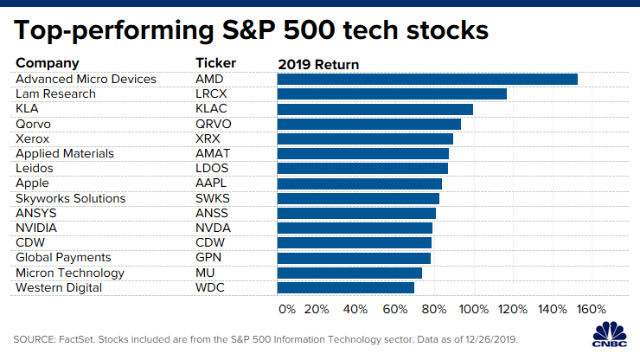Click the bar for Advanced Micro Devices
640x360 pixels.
(427, 79)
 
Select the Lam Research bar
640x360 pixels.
(392, 93)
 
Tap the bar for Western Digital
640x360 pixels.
(346, 287)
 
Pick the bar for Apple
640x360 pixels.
(360, 183)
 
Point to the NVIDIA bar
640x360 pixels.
(355, 228)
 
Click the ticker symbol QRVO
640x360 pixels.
(214, 124)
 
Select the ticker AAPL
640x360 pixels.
(213, 183)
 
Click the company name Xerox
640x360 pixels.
(33, 138)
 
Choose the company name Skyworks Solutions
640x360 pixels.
(71, 198)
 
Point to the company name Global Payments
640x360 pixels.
(64, 257)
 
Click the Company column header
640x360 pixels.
(48, 63)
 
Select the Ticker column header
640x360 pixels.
(215, 63)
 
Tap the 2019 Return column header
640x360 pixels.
(318, 63)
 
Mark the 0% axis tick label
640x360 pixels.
(286, 309)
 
